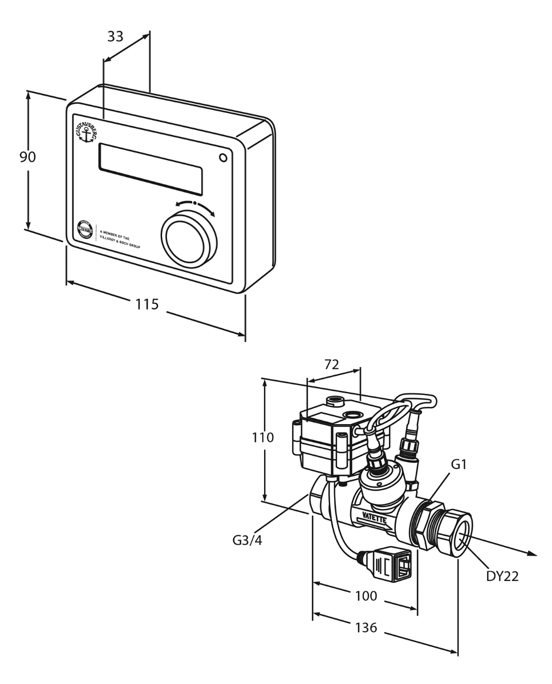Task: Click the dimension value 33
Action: (x=115, y=36)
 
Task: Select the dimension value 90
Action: (x=27, y=157)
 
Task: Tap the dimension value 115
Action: (x=147, y=304)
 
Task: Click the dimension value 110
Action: (x=263, y=438)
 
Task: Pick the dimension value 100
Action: (x=366, y=596)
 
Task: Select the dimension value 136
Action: (x=366, y=628)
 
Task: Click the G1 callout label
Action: (x=459, y=465)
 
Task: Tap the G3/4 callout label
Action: (x=247, y=540)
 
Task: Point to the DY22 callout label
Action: (x=502, y=576)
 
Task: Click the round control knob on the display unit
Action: (x=189, y=238)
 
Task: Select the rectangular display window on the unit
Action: (x=151, y=169)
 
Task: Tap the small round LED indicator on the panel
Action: (x=223, y=157)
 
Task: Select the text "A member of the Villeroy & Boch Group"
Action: (x=120, y=238)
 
